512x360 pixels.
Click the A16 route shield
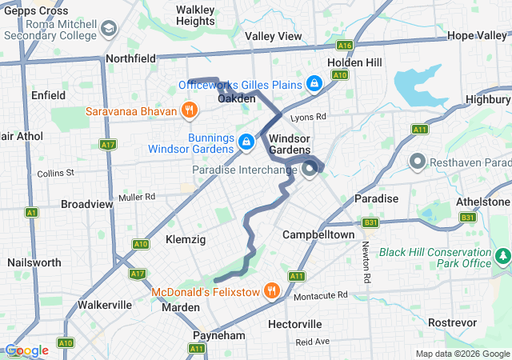pos(345,46)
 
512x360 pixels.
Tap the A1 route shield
pos(31,212)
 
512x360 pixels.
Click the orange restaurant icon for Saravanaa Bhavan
pos(189,110)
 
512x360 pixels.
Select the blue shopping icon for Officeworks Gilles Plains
pos(315,84)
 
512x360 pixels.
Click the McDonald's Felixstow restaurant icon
pos(273,291)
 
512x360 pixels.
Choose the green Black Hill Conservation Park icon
pos(503,257)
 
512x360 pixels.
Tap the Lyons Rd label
pos(309,117)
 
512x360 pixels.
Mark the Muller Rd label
pos(136,197)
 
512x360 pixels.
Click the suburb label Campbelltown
pos(318,235)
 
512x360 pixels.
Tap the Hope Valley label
pos(477,36)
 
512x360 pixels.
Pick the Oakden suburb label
pos(237,98)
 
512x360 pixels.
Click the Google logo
pos(26,350)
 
